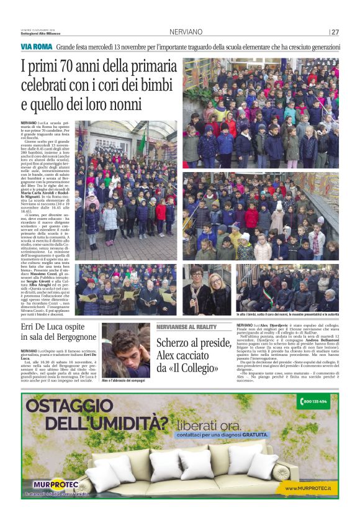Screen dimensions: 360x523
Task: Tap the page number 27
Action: pos(335,32)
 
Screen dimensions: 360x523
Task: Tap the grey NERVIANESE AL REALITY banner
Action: pos(186,327)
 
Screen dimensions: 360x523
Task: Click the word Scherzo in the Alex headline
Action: pos(177,343)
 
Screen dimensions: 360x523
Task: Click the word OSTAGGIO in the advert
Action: pos(68,406)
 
